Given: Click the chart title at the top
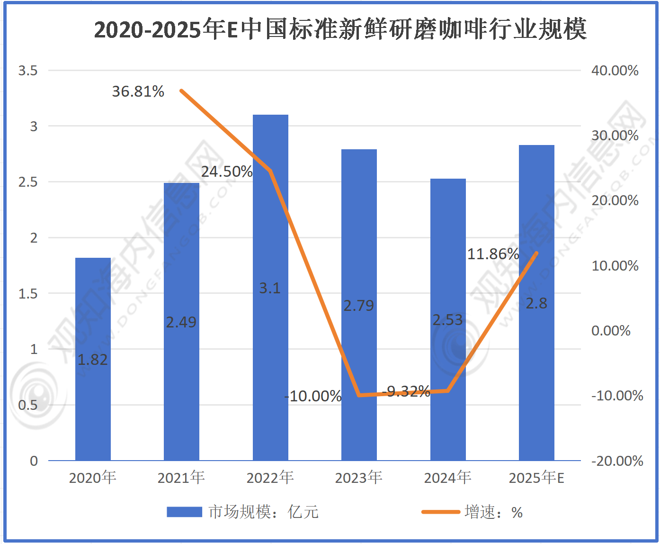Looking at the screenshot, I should (340, 29).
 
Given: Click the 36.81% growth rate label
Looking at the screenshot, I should (138, 91).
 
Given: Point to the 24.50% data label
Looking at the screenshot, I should (227, 172).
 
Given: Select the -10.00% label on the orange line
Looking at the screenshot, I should (313, 396).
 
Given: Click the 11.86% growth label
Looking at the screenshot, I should (493, 254).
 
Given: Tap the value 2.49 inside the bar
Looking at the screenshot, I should (181, 323).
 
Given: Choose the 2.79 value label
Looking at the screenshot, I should (358, 306).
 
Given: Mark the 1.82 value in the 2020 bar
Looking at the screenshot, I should (93, 360).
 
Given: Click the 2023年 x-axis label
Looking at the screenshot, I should (358, 478).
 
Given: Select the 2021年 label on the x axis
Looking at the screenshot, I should (181, 478).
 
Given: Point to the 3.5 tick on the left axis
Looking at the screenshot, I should (27, 71).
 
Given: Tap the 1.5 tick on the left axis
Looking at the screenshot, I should (27, 294).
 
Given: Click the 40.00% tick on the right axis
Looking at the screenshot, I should (615, 71).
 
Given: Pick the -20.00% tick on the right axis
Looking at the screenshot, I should (617, 461).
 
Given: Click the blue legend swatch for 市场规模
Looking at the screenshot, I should (184, 512).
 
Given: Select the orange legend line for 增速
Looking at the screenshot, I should (440, 512).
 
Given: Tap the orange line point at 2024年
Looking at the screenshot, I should (447, 391).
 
